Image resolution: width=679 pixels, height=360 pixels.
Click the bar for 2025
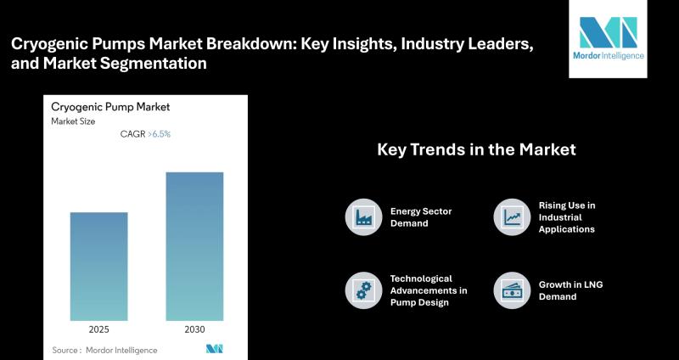point(99,267)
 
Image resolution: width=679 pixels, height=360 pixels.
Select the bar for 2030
point(195,246)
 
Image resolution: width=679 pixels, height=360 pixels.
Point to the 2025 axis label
point(99,329)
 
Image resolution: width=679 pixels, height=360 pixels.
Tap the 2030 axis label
point(195,329)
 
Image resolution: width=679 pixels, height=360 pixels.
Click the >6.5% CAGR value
point(159,134)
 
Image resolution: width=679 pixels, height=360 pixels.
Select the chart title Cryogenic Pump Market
point(110,108)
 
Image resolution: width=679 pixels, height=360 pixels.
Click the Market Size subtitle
point(73,121)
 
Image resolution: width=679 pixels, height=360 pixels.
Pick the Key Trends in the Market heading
point(476,149)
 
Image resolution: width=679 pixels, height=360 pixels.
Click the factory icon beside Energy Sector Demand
point(364,217)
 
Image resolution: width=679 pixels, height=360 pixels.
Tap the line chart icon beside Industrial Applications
point(512,217)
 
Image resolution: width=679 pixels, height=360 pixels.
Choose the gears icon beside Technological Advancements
point(364,290)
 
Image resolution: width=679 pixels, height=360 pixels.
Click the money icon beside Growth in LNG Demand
point(512,290)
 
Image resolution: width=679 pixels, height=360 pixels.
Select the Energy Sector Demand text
point(421,217)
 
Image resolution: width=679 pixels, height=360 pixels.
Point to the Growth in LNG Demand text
point(570,290)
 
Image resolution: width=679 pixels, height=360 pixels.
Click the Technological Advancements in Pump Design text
point(429,290)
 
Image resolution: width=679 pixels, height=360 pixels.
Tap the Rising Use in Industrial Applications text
point(567,217)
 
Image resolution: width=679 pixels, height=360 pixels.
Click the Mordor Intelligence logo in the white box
point(608,38)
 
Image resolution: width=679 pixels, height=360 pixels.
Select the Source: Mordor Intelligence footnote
point(104,350)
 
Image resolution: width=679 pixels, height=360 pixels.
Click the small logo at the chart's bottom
point(215,349)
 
